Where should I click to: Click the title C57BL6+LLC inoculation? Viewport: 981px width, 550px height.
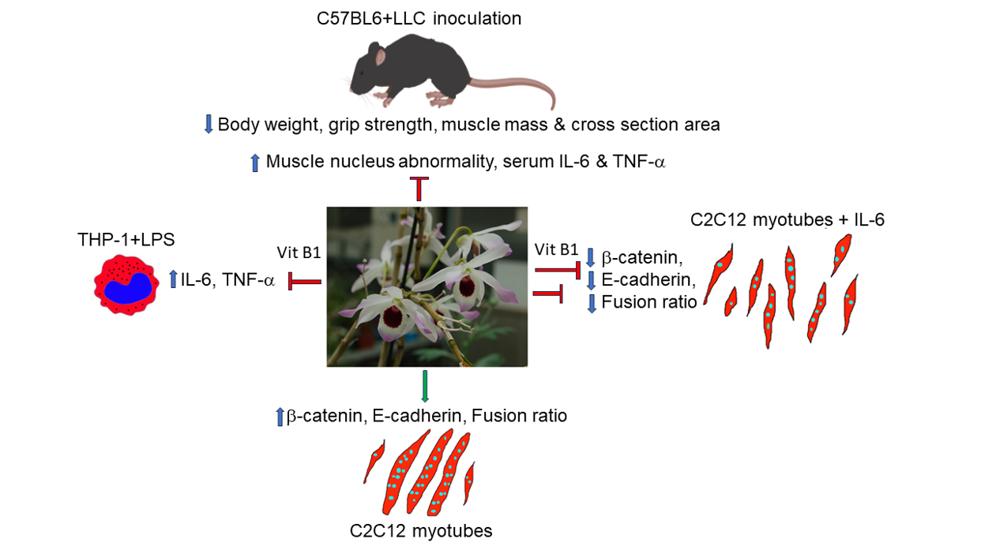[418, 17]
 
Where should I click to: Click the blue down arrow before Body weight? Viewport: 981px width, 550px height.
[209, 124]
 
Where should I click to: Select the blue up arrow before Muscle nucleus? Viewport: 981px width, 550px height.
[254, 163]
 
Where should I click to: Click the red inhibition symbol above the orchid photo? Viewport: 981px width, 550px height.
[419, 188]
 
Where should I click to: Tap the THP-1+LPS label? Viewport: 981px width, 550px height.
[126, 240]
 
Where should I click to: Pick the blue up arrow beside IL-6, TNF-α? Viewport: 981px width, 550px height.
[173, 279]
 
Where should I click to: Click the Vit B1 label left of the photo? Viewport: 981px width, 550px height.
[299, 253]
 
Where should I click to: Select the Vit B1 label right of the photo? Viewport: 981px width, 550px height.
[556, 249]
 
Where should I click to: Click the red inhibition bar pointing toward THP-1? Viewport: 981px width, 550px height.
[304, 281]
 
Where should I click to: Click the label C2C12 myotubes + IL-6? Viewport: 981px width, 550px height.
[787, 219]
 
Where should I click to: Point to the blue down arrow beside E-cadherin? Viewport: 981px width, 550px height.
[591, 280]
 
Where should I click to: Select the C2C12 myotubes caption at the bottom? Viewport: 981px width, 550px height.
[421, 530]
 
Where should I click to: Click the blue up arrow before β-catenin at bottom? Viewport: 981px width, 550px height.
[279, 416]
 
